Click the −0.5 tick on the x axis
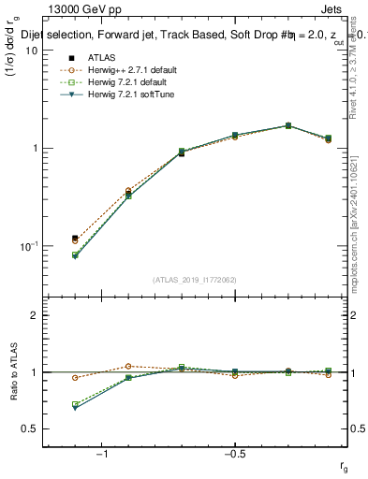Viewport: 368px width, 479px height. click(x=234, y=454)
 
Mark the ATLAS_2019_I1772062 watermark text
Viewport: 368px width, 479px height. click(x=196, y=280)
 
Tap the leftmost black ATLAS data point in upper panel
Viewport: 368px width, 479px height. click(x=75, y=239)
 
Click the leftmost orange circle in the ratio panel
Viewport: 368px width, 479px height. click(x=75, y=378)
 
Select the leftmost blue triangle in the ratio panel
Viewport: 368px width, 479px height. click(x=75, y=408)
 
